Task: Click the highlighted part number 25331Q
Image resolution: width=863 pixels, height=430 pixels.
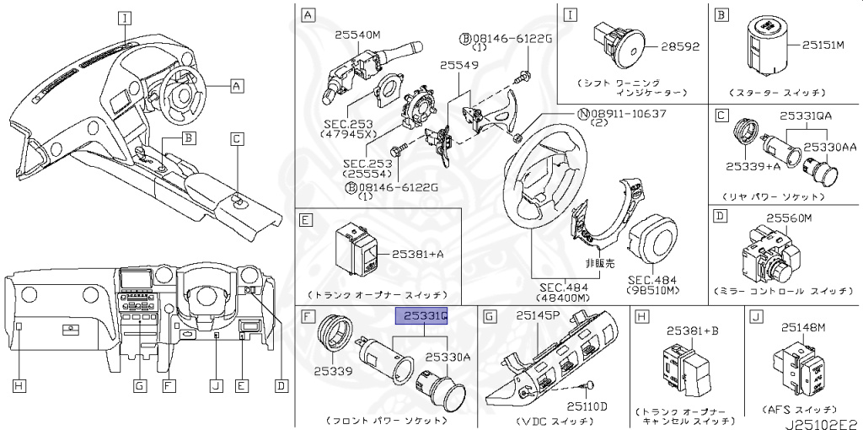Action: [x=422, y=316]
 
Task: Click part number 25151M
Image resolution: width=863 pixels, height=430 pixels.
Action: [x=829, y=45]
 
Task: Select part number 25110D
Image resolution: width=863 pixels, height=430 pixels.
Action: [x=586, y=406]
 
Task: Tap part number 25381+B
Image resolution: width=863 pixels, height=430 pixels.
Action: [x=689, y=331]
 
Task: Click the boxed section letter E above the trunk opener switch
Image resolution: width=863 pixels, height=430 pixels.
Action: [x=307, y=220]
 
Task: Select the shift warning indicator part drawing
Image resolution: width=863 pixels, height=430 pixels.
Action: [x=619, y=44]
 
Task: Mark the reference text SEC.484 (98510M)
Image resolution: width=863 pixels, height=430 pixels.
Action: [x=651, y=284]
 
